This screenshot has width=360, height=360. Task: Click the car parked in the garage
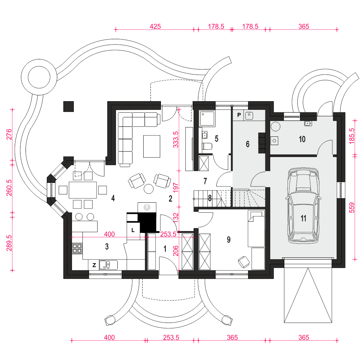(x=303, y=206)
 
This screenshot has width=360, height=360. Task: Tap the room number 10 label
(x=302, y=139)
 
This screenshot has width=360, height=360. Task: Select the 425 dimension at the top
(x=155, y=26)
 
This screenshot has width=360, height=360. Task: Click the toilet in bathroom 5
(x=207, y=146)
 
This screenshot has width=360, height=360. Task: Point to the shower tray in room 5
(x=207, y=118)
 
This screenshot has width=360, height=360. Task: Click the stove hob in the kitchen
(x=77, y=248)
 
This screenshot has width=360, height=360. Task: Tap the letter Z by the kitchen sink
(x=94, y=265)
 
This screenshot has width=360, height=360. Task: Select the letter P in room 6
(x=239, y=115)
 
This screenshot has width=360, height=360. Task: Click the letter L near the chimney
(x=133, y=230)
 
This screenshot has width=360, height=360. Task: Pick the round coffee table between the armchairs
(x=149, y=189)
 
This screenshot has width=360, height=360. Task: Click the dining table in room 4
(x=83, y=190)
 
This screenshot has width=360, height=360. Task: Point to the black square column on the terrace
(x=69, y=107)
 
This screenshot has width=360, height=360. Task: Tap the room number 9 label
(x=229, y=240)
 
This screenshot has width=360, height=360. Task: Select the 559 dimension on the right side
(x=352, y=208)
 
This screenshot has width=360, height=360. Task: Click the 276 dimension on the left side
(x=9, y=135)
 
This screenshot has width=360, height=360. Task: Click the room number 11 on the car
(x=303, y=219)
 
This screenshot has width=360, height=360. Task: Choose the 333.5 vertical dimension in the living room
(x=175, y=139)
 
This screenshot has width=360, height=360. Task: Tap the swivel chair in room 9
(x=244, y=262)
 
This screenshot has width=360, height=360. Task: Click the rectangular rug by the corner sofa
(x=152, y=146)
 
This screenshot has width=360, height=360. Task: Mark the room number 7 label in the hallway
(x=205, y=181)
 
